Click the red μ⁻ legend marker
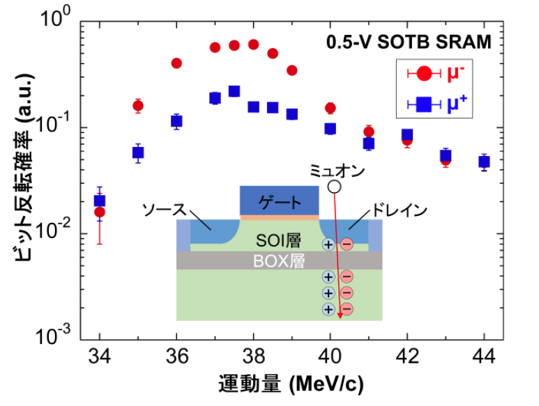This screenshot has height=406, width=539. tap(424, 72)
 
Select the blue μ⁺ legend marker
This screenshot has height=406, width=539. tap(424, 105)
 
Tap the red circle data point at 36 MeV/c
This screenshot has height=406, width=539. tap(176, 63)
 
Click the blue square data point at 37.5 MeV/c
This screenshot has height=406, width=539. tap(234, 91)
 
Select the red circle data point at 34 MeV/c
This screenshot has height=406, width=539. tap(100, 212)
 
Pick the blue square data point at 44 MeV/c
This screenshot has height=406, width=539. tap(484, 162)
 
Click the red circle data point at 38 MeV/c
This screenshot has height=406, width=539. tap(253, 45)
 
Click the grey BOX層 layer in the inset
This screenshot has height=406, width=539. tap(280, 260)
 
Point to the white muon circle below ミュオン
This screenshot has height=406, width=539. tap(335, 186)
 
